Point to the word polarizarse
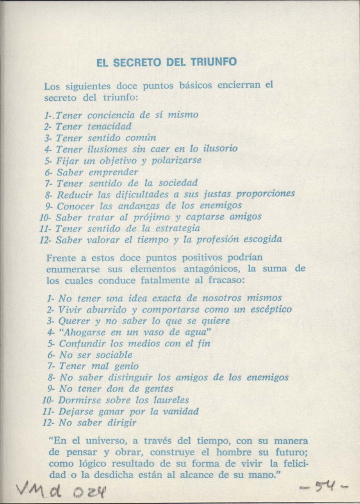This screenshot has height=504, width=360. (182, 160)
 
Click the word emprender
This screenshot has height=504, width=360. (112, 172)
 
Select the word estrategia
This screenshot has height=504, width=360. (178, 228)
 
